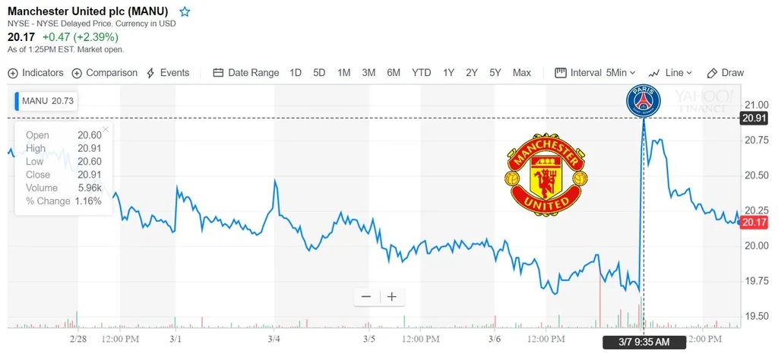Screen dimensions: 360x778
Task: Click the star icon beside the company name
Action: click(x=185, y=12)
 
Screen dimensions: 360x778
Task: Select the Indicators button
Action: click(x=36, y=73)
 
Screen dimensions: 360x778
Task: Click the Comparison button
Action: click(x=105, y=73)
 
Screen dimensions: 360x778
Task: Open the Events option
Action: click(x=168, y=73)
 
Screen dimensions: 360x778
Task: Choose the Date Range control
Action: click(x=246, y=73)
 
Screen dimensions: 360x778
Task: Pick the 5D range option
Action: click(x=319, y=73)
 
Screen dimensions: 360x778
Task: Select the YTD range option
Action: click(x=422, y=73)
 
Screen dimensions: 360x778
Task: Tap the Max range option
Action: click(x=522, y=73)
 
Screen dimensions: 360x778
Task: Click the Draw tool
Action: click(x=726, y=73)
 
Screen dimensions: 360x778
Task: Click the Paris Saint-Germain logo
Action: click(x=644, y=102)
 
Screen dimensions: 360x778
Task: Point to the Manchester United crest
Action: click(x=546, y=175)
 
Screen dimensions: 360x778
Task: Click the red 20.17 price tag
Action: click(x=754, y=223)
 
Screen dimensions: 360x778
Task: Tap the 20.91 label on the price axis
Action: click(x=754, y=118)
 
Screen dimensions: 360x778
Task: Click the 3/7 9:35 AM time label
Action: click(x=644, y=343)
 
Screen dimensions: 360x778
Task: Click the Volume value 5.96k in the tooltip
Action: click(x=89, y=188)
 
